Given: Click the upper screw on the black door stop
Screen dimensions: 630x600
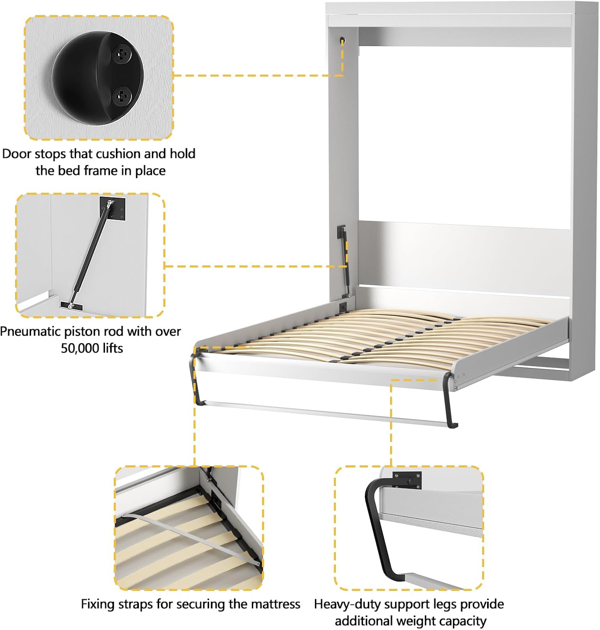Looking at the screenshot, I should [x=122, y=55].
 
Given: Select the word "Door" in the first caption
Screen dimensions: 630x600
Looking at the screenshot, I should [x=17, y=154].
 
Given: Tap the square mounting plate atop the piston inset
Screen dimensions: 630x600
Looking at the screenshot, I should [x=113, y=208].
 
